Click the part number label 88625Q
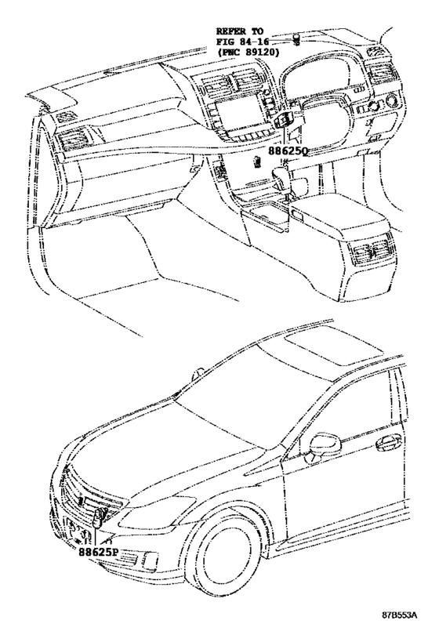(x=288, y=151)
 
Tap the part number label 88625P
(x=98, y=552)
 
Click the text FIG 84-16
(x=242, y=42)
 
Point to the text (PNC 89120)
(x=248, y=52)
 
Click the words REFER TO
(x=240, y=31)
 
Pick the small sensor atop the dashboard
(x=296, y=40)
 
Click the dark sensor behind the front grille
(x=98, y=517)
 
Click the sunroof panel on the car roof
(x=333, y=347)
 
